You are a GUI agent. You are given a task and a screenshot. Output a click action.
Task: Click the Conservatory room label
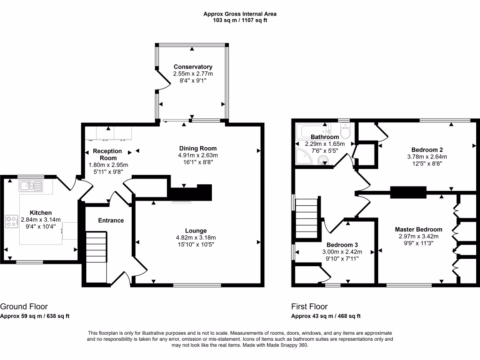(x=193, y=67)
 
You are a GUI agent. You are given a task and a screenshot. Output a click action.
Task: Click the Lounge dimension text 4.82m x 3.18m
(x=196, y=238)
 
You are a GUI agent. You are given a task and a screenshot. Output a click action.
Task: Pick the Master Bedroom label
(x=418, y=229)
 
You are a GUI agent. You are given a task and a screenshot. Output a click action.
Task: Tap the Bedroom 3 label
(x=342, y=245)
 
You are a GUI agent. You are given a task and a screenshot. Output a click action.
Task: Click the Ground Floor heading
(x=24, y=307)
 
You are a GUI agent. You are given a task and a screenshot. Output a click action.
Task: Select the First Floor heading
(x=309, y=307)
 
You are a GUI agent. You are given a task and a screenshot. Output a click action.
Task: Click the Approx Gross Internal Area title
(x=240, y=14)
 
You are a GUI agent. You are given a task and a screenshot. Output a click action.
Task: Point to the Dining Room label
(x=197, y=148)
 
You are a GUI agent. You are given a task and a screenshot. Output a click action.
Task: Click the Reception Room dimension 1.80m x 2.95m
(x=108, y=165)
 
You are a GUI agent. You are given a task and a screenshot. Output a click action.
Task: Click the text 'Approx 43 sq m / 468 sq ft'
(x=326, y=316)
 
